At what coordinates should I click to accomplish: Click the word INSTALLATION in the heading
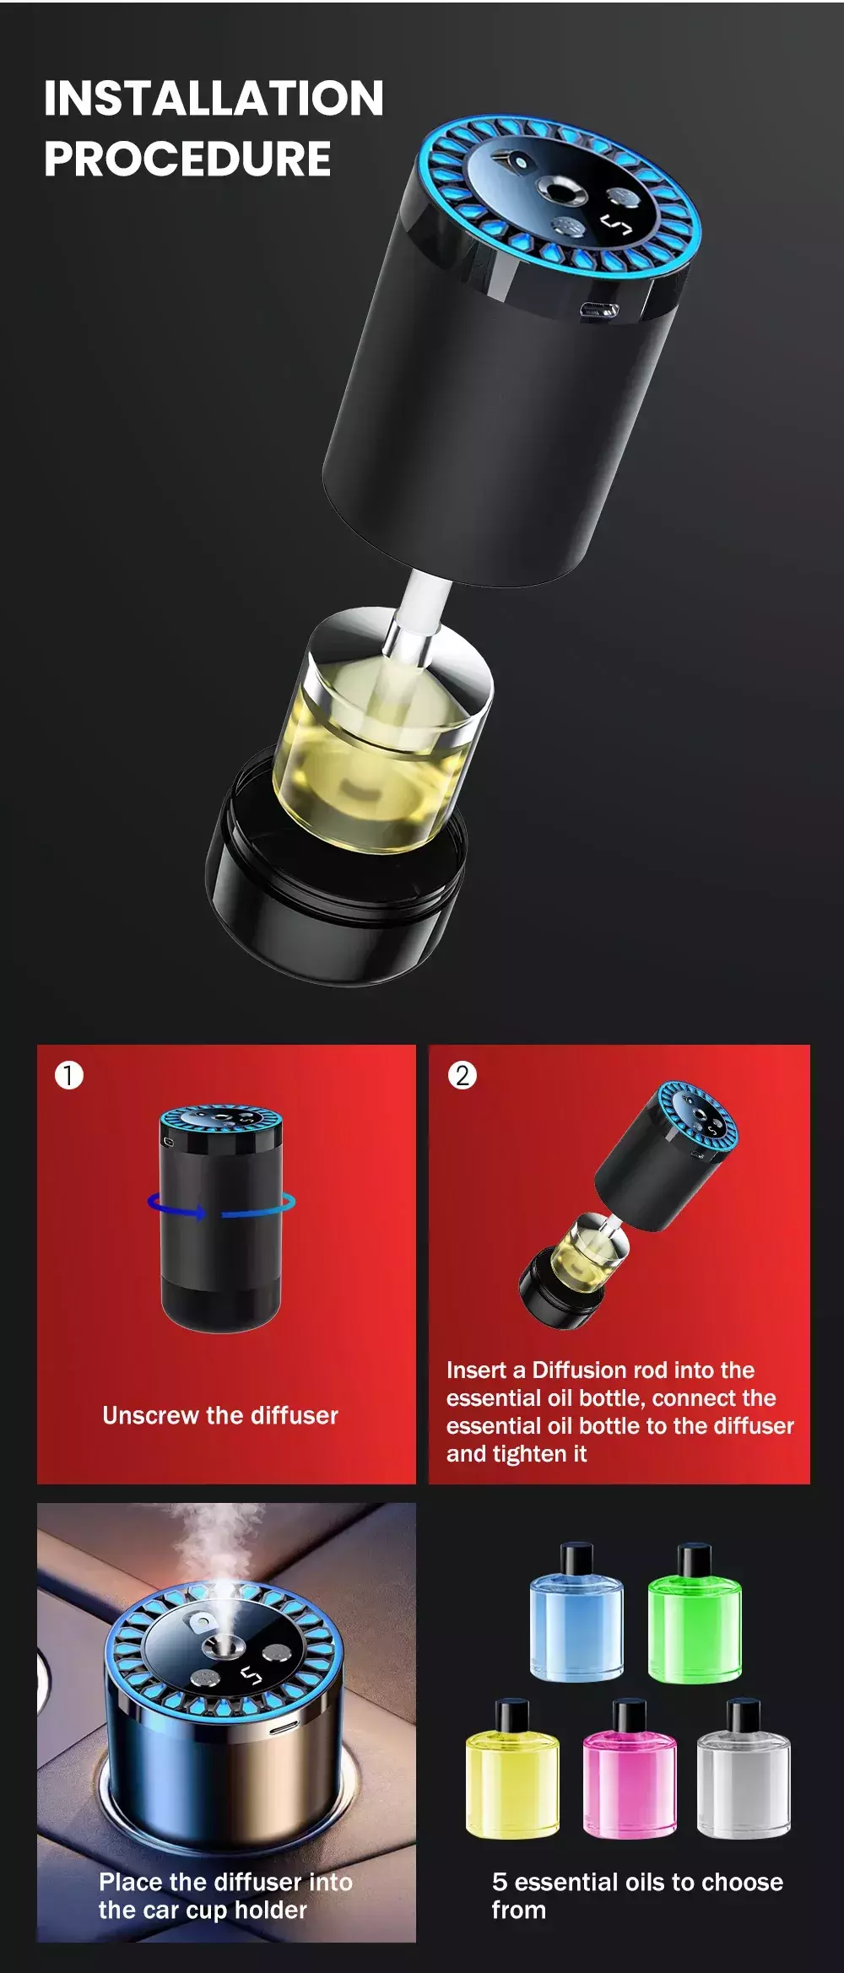[214, 98]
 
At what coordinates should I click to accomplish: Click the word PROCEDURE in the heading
[187, 159]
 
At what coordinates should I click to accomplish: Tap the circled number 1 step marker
[69, 1075]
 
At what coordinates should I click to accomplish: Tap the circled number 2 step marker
[462, 1075]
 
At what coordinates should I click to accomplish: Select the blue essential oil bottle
[576, 1611]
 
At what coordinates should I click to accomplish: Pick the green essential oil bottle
[695, 1611]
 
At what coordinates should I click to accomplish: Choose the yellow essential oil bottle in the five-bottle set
[512, 1767]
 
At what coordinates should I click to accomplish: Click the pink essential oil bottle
[630, 1767]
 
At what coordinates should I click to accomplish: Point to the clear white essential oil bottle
[744, 1767]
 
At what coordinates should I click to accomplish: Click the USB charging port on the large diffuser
[599, 311]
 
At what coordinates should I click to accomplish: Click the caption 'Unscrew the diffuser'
[220, 1415]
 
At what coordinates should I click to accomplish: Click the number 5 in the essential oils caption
[500, 1882]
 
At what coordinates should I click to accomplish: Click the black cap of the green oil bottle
[695, 1559]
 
